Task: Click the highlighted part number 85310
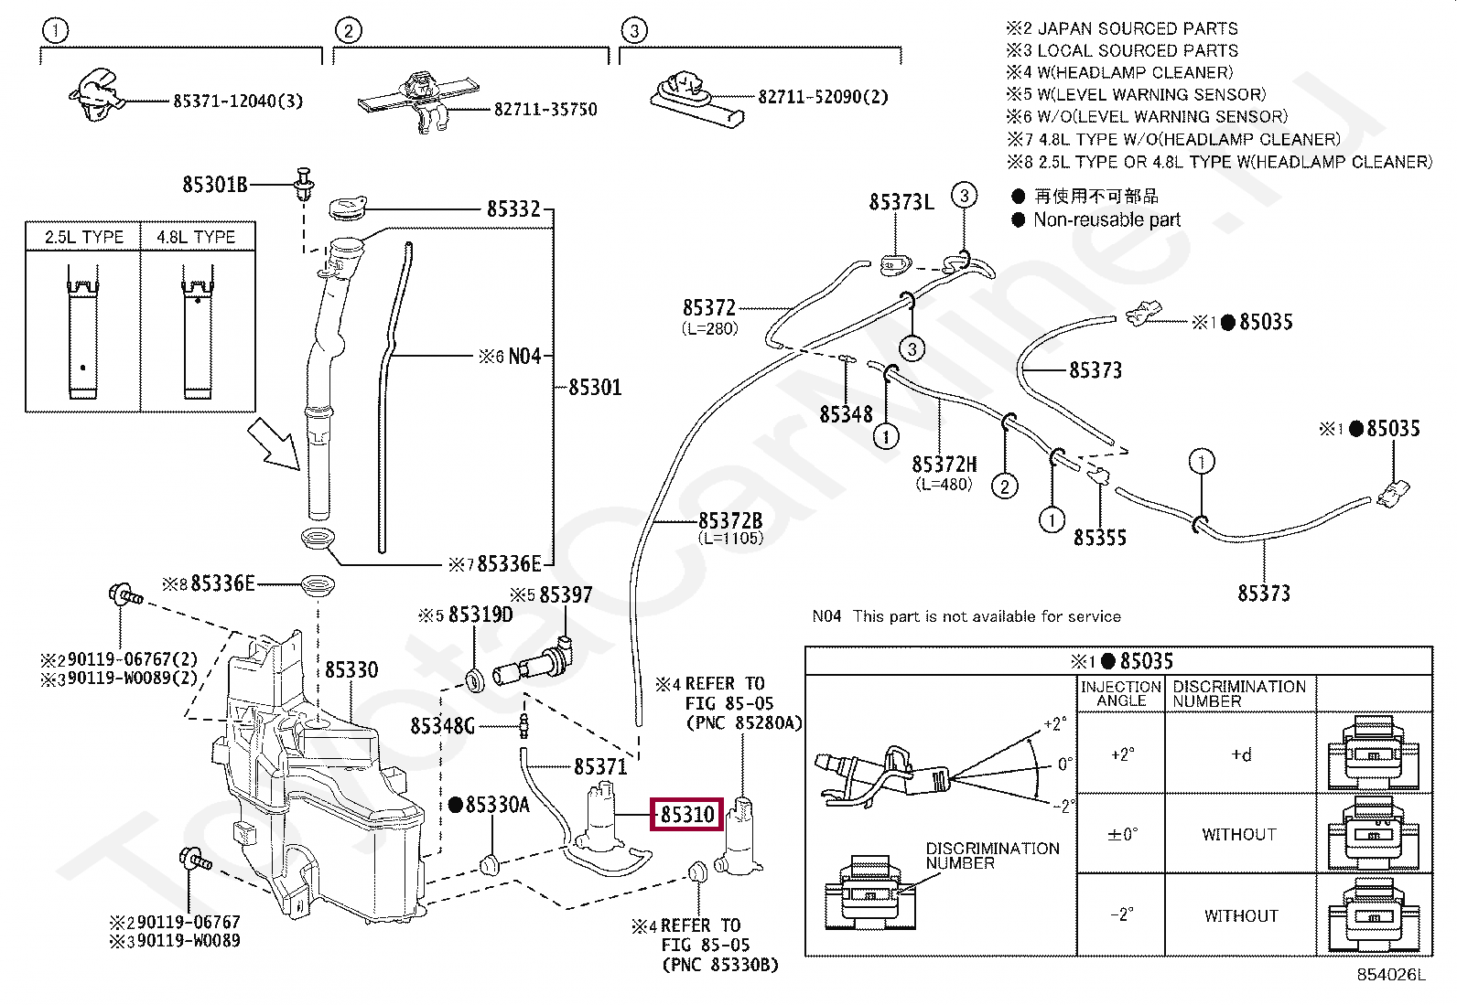click(x=687, y=813)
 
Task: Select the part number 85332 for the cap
click(x=513, y=209)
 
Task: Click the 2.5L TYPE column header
click(x=83, y=237)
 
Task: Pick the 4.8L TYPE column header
click(x=196, y=237)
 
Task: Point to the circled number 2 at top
click(x=348, y=31)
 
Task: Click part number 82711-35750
click(x=545, y=110)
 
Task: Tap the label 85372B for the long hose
click(x=729, y=521)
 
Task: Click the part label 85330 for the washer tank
click(x=351, y=670)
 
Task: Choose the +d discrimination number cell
click(x=1240, y=754)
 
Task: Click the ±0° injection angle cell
click(x=1121, y=834)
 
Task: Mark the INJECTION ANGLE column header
click(x=1121, y=693)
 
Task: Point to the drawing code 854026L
click(x=1390, y=975)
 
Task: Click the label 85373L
click(x=901, y=202)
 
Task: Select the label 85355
click(x=1099, y=538)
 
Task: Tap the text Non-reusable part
click(x=1106, y=220)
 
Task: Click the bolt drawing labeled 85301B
click(x=304, y=184)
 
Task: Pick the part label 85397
click(x=565, y=595)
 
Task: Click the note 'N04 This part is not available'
click(x=966, y=616)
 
